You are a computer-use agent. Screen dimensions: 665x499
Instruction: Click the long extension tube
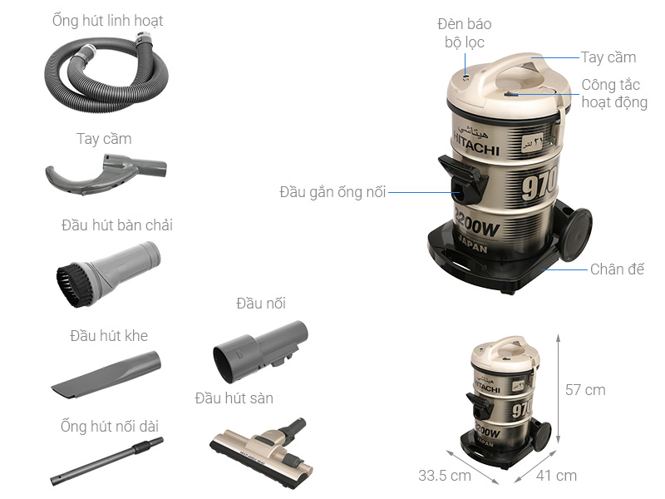pyautogui.click(x=106, y=462)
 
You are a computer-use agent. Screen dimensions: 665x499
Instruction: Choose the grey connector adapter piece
pyautogui.click(x=259, y=350)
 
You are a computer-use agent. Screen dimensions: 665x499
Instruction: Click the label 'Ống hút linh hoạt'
pyautogui.click(x=108, y=20)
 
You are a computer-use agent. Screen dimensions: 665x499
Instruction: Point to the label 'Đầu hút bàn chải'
pyautogui.click(x=117, y=225)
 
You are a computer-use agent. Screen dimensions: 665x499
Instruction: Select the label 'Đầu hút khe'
pyautogui.click(x=109, y=336)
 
